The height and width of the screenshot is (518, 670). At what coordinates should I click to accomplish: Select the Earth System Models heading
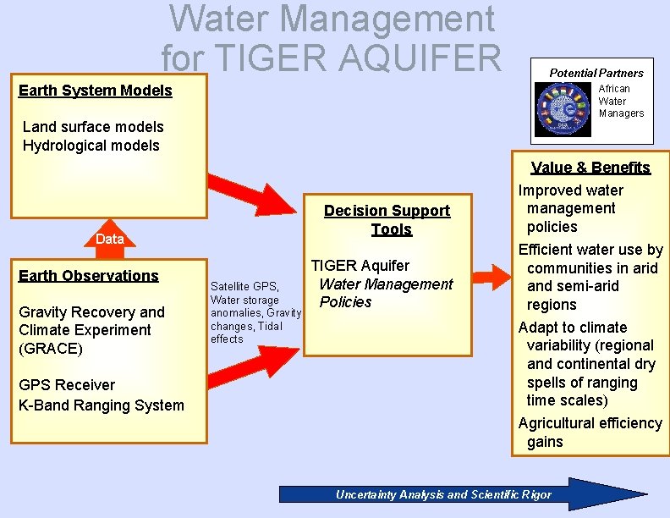[x=95, y=91]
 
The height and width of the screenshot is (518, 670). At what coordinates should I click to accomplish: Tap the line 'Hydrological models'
[x=91, y=146]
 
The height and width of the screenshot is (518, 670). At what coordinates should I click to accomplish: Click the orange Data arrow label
[x=109, y=239]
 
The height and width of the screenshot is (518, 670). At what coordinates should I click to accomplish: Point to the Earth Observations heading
[x=88, y=275]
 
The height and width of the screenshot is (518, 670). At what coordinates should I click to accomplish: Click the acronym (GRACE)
[x=52, y=349]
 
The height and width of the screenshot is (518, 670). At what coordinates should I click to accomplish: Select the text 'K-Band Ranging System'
[x=101, y=405]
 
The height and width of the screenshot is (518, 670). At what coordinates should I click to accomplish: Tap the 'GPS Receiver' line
[x=67, y=385]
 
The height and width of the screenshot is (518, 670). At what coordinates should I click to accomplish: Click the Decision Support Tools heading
[x=387, y=219]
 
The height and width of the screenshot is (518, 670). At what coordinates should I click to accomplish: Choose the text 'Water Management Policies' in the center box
[x=385, y=293]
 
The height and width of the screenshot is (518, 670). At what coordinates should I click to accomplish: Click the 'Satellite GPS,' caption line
[x=244, y=286]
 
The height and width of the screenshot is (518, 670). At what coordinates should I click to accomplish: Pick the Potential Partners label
[x=596, y=73]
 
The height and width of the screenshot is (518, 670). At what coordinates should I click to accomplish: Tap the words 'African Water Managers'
[x=620, y=101]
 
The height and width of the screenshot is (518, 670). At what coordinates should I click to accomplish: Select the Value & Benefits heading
[x=590, y=168]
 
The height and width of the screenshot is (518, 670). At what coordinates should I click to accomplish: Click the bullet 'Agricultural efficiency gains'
[x=590, y=432]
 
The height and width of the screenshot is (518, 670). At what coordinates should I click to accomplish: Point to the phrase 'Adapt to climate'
[x=573, y=328]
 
